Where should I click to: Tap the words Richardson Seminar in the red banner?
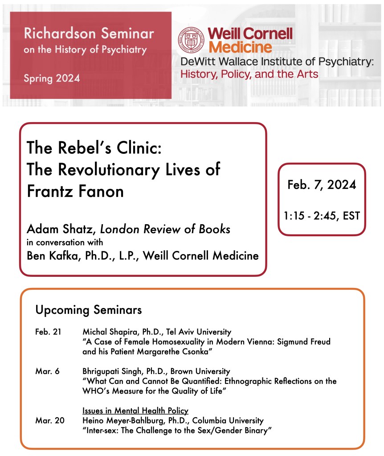click(x=89, y=34)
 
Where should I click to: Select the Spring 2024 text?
click(x=52, y=78)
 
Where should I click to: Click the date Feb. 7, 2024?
click(x=322, y=184)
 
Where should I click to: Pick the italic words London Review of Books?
click(x=165, y=229)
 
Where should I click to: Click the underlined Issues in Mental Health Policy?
click(x=135, y=411)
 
